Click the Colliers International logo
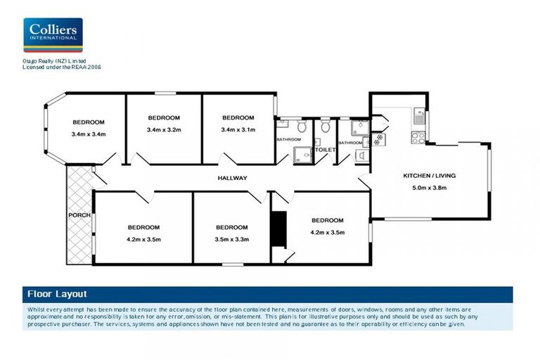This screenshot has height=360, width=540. (x=53, y=35)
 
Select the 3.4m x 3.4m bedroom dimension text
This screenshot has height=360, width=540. (x=88, y=135)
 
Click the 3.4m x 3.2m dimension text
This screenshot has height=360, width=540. (x=164, y=130)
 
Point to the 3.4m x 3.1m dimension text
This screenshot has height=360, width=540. (x=238, y=130)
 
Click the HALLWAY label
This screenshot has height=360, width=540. (x=232, y=178)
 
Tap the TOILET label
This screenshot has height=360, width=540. (x=325, y=150)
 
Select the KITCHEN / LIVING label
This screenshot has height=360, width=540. (x=426, y=175)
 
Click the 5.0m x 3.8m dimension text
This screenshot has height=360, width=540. (x=426, y=188)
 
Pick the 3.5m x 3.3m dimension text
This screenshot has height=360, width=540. (x=231, y=240)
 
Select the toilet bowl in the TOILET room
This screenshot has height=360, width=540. (x=325, y=127)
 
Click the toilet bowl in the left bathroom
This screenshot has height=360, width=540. (x=301, y=127)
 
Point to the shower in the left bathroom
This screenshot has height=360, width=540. (x=302, y=155)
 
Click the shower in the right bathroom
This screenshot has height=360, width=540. (x=359, y=127)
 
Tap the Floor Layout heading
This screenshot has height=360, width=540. (x=56, y=294)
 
